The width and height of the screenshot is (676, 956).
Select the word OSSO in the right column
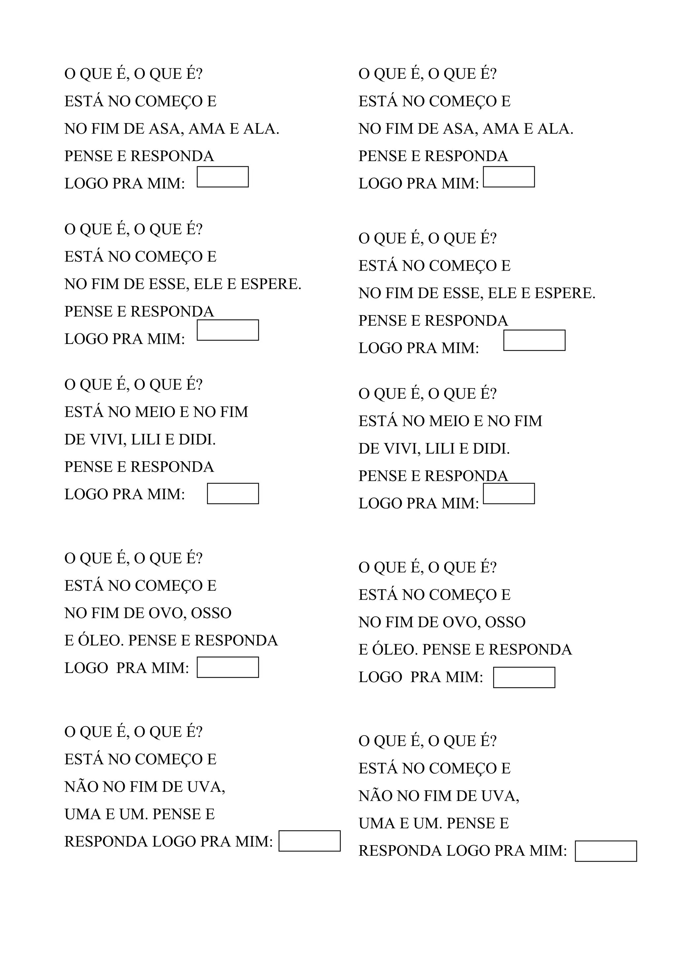[505, 622]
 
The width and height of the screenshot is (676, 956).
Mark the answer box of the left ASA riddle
[222, 177]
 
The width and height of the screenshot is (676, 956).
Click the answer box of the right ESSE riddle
[534, 340]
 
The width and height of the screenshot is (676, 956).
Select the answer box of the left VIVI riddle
[233, 493]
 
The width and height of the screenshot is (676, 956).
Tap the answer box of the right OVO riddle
[524, 677]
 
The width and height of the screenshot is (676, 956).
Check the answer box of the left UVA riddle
[310, 841]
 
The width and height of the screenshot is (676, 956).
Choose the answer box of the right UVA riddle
[606, 851]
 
